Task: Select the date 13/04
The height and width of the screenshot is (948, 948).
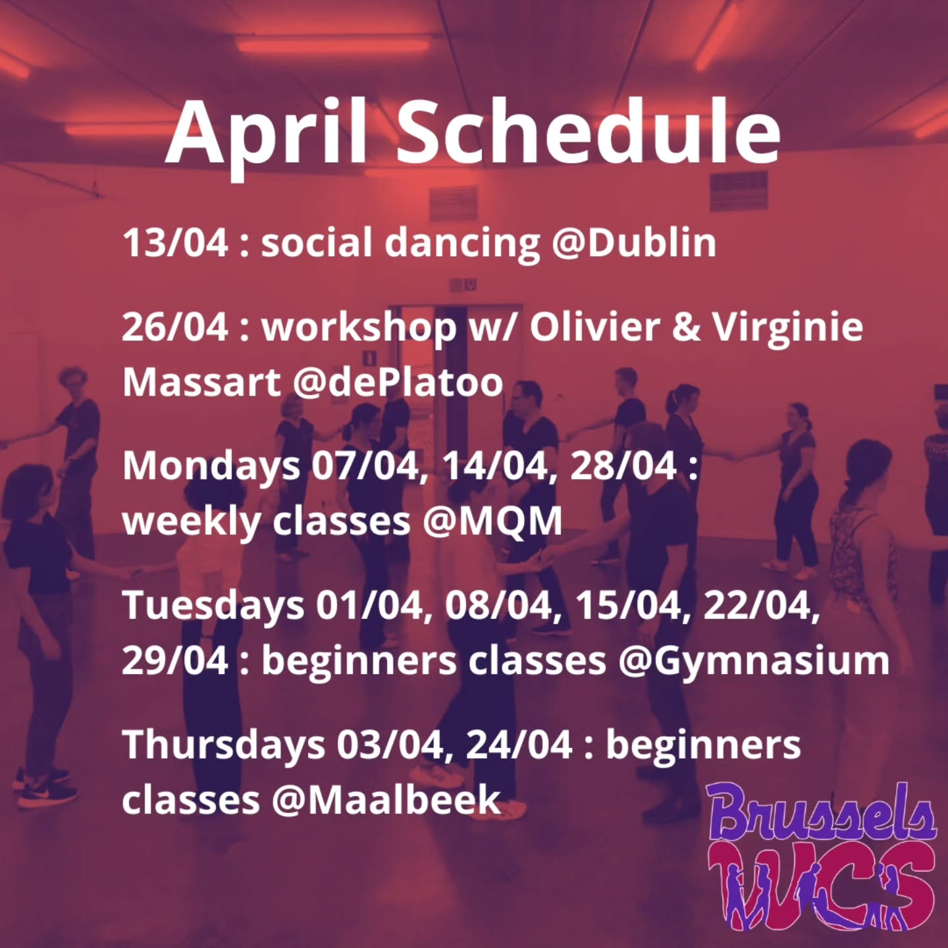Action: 175,242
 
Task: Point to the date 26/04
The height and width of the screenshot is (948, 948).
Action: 175,327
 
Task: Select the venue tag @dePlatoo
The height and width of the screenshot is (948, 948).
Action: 398,382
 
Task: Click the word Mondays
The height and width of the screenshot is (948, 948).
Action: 211,466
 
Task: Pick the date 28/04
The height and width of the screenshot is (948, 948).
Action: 623,466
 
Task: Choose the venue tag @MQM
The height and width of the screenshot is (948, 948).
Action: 492,521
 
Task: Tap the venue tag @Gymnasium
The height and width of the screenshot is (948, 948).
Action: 753,660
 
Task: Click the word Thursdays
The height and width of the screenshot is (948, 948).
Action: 224,745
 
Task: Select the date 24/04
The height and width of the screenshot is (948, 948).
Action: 519,745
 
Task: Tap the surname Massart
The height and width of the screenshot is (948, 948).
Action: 201,382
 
